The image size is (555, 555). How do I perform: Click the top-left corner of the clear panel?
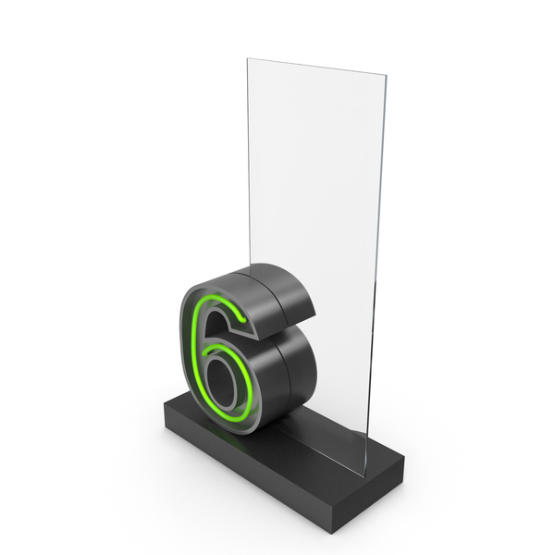click(x=247, y=59)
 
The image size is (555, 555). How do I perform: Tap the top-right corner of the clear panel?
click(x=386, y=75)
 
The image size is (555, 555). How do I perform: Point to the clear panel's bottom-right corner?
click(x=364, y=476)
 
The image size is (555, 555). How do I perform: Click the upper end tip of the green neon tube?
click(x=243, y=320)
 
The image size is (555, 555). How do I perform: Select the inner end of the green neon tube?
click(x=204, y=353)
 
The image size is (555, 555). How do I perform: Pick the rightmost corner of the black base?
click(x=404, y=458)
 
